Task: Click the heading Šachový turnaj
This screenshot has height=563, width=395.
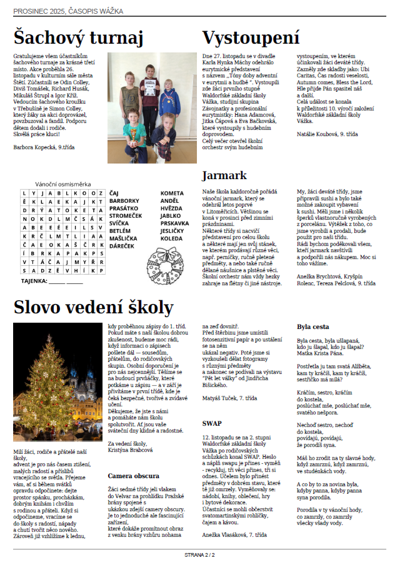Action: coord(78,37)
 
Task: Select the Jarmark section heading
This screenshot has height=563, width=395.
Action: coord(224,175)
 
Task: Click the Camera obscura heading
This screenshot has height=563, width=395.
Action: coord(133,476)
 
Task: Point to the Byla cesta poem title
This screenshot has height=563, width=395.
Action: coord(312,326)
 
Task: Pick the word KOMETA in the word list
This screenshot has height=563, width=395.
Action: coord(172,193)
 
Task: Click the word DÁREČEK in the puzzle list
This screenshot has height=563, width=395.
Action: coord(122,246)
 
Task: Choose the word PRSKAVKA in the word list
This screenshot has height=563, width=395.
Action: coord(174,223)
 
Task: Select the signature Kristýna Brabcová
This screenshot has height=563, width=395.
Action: coord(131,451)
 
